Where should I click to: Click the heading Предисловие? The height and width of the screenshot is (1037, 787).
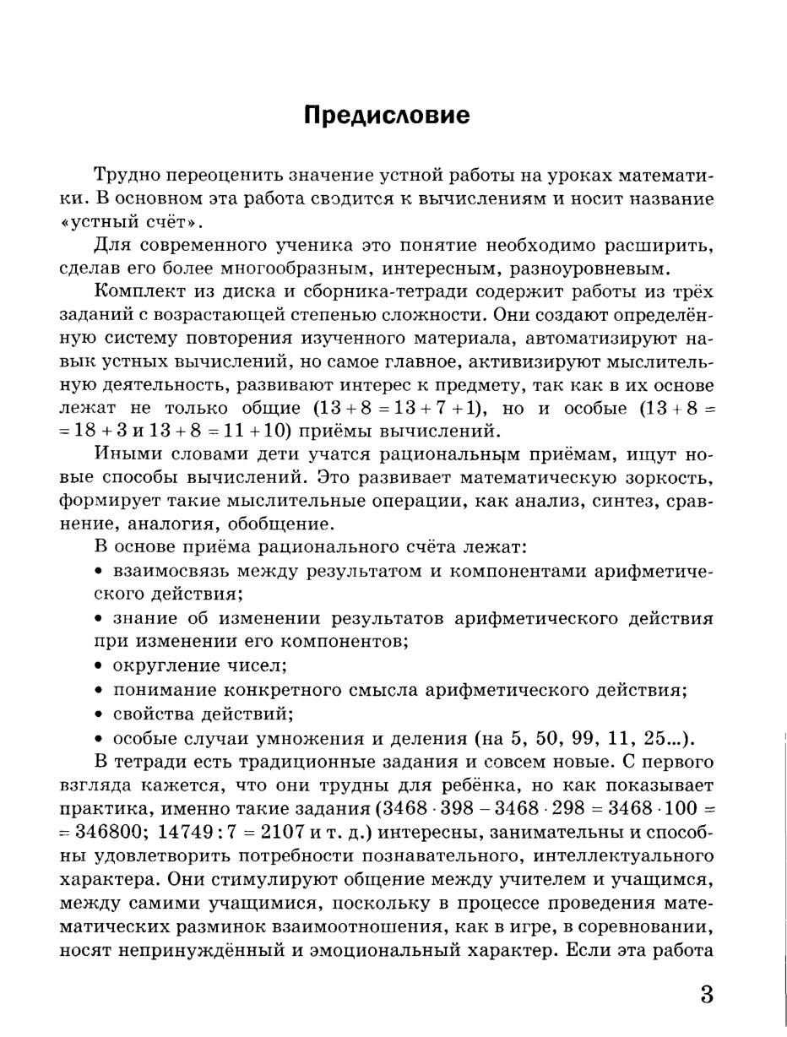tap(387, 115)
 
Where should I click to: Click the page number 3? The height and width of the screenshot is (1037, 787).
tap(707, 994)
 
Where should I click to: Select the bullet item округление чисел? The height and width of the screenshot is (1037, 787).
tap(199, 665)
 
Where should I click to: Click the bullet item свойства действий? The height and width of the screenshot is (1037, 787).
tap(203, 714)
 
